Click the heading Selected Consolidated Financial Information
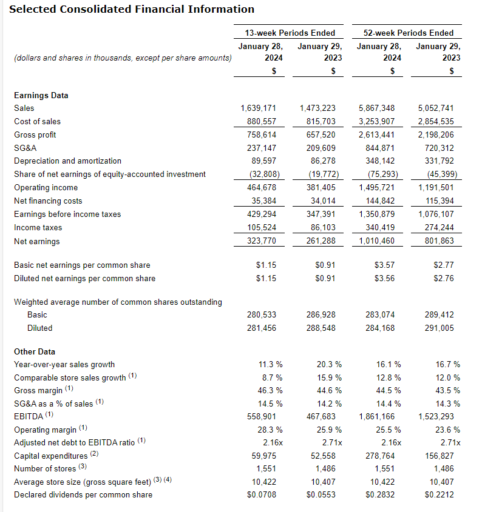132,9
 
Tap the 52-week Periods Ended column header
409,33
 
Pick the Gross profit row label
35,135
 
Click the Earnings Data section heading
41,95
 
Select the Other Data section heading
35,351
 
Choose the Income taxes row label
38,228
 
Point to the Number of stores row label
46,468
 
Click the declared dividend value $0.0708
262,495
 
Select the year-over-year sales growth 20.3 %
329,365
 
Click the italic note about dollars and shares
122,58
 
